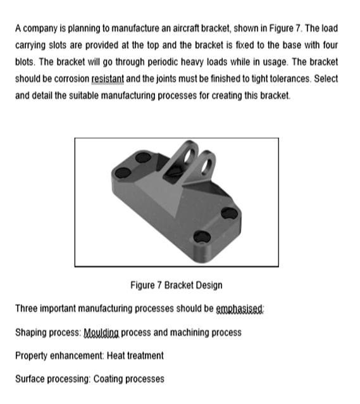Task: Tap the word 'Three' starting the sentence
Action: point(27,310)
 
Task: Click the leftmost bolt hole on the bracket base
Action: point(124,172)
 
